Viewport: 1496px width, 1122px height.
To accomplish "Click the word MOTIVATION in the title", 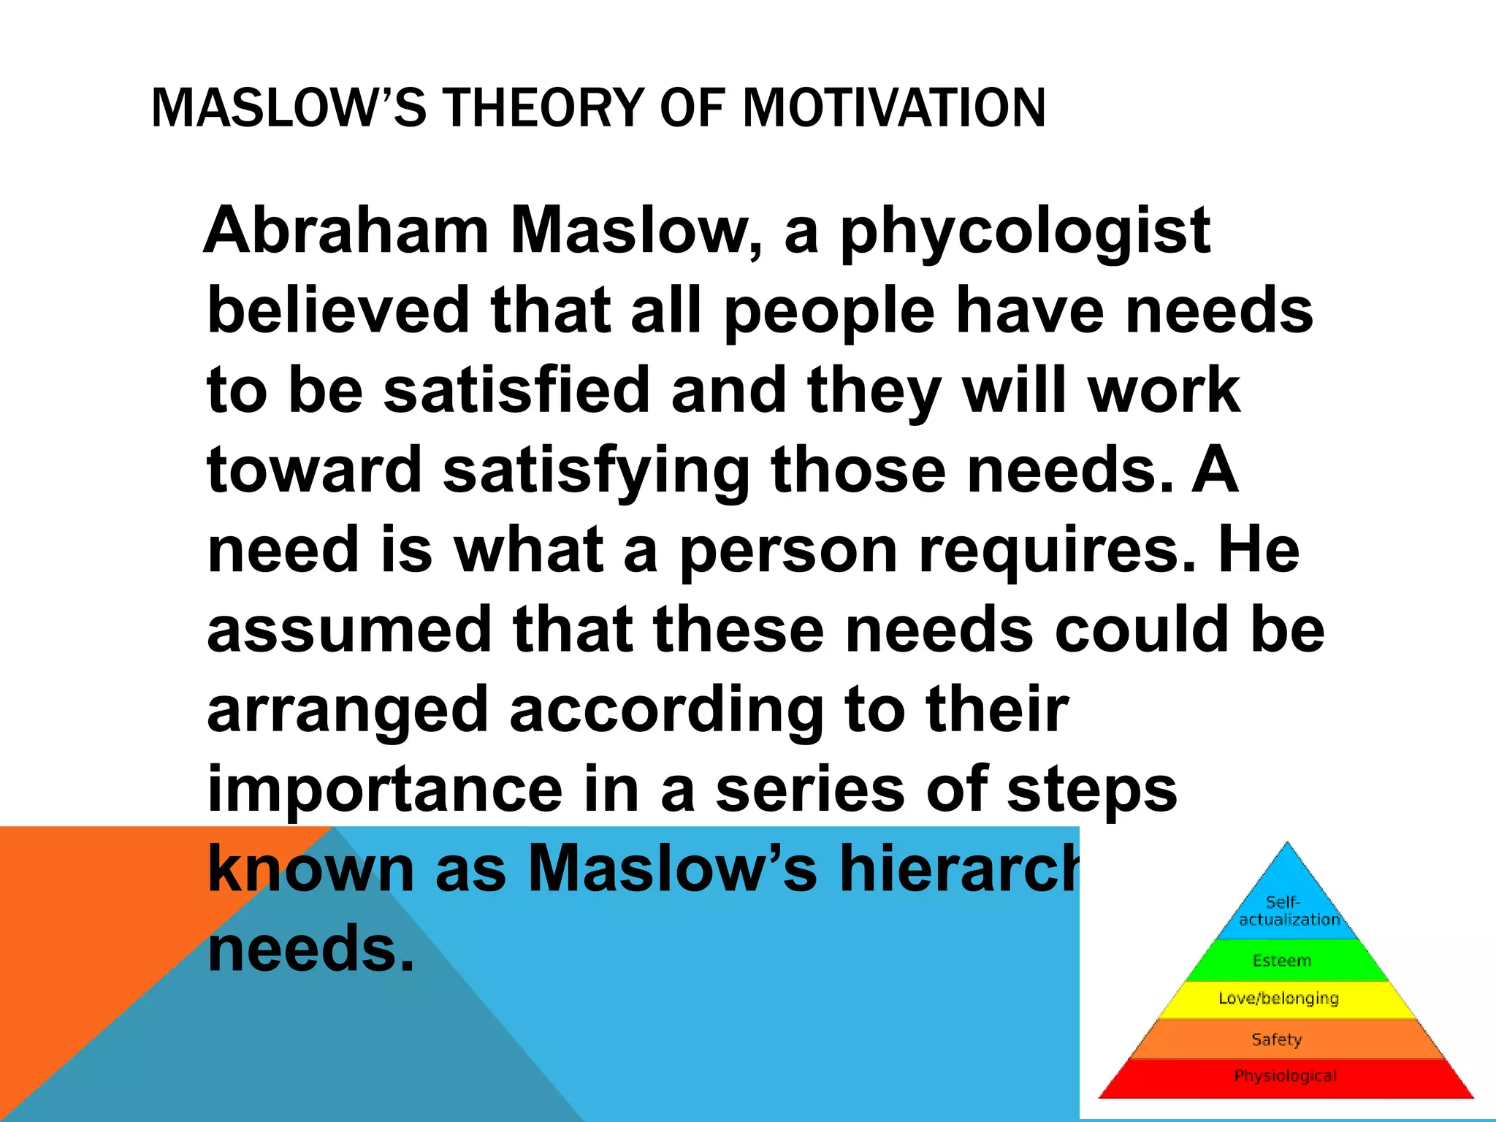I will [x=894, y=108].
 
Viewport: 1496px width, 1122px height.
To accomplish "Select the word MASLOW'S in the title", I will [x=288, y=108].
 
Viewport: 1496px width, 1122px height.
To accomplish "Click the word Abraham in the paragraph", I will [x=346, y=231].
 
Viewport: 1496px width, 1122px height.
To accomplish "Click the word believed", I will [x=337, y=310].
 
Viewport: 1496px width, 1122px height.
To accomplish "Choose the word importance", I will [x=385, y=790].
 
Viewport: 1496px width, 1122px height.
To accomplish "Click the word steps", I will [x=1092, y=791].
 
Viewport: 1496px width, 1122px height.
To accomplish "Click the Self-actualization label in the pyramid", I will [x=1287, y=911].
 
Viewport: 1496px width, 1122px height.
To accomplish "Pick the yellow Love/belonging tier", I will [x=1278, y=999].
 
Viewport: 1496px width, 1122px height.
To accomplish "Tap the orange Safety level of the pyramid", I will [x=1277, y=1039].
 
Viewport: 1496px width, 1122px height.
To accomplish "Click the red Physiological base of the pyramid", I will [x=1286, y=1076].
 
